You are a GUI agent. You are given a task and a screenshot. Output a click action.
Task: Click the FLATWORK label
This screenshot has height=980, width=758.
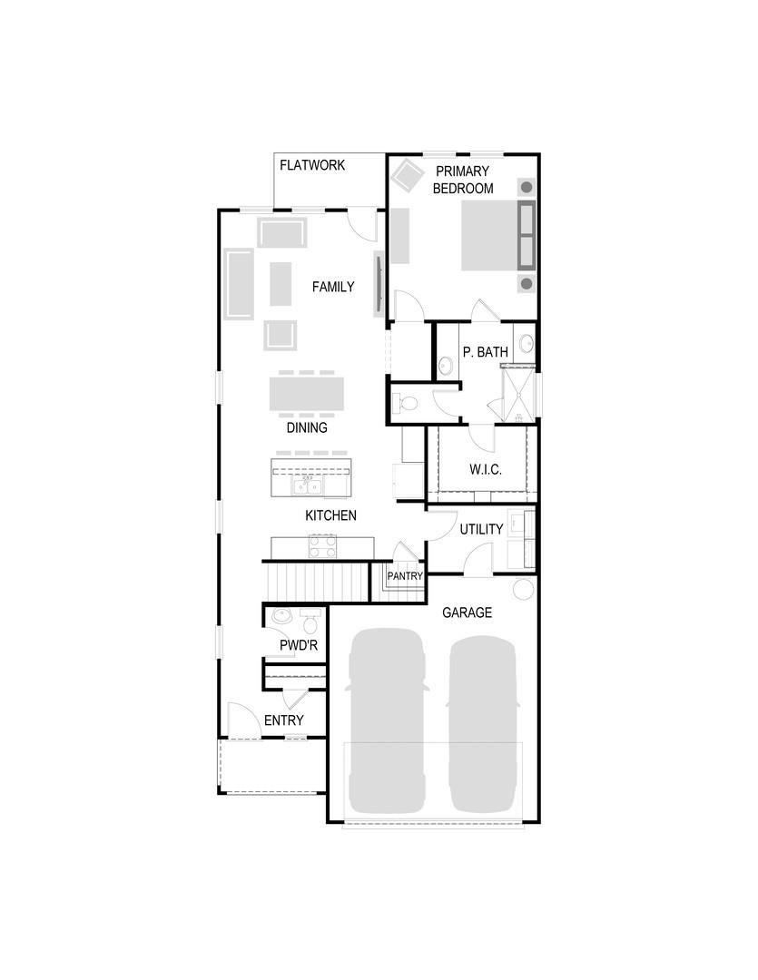pos(311,166)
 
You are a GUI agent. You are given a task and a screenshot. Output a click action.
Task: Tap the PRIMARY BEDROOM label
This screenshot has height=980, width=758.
pos(462,180)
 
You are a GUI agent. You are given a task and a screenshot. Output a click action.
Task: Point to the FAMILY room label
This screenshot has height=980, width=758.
pos(333,287)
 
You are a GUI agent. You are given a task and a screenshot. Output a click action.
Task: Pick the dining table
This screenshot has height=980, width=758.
pos(307,396)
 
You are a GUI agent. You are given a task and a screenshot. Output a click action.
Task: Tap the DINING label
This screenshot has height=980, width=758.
pos(307,428)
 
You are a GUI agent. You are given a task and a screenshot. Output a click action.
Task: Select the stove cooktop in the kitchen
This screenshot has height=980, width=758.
pos(323,546)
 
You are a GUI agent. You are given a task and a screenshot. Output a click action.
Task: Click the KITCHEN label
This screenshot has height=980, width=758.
pos(330,515)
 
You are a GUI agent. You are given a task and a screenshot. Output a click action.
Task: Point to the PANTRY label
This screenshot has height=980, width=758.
pos(405,576)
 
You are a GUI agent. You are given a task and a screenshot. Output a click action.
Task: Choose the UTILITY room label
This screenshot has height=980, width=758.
pos(481,530)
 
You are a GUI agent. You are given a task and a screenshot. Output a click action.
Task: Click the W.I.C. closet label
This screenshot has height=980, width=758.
pos(485,470)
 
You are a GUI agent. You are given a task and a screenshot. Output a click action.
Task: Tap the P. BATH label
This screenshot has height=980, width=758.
pos(485,352)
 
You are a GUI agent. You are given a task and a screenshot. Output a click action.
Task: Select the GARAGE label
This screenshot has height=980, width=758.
pos(467,612)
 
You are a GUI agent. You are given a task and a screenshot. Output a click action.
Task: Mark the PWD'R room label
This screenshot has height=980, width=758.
pos(298,646)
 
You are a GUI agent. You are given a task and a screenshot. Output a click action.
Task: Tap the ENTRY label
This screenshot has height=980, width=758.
pos(283,720)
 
